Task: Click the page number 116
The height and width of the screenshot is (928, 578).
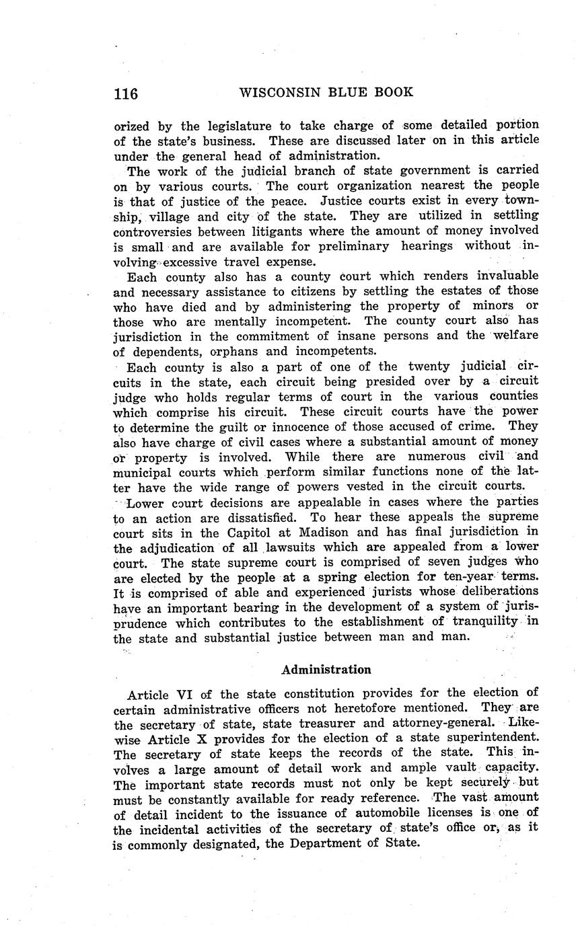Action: (x=126, y=93)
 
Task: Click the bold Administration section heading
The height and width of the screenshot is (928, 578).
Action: (x=326, y=670)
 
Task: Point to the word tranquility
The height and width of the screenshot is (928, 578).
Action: (x=479, y=621)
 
